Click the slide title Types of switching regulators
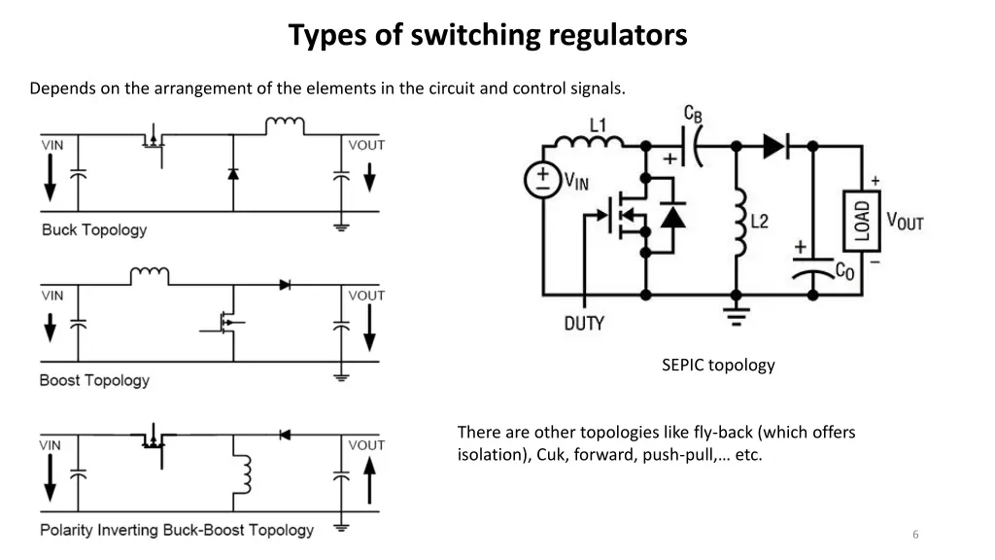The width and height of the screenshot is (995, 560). (488, 36)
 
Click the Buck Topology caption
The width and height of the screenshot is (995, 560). (94, 230)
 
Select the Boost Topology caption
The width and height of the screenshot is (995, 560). (94, 380)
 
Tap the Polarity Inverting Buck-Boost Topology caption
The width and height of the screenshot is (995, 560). (177, 530)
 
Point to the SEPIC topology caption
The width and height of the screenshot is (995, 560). (718, 366)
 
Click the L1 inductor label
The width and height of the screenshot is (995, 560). (598, 124)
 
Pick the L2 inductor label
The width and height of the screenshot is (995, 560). (759, 221)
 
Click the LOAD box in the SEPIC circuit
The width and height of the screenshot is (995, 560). (861, 221)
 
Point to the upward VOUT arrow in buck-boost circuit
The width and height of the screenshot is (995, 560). (369, 478)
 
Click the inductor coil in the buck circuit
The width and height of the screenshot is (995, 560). (285, 126)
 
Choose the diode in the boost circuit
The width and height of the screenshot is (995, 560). (285, 285)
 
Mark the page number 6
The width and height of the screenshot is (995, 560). (915, 535)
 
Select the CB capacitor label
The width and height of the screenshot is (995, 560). (693, 114)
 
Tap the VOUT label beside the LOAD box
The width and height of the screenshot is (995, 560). (904, 221)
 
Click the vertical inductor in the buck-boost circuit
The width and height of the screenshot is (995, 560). (244, 474)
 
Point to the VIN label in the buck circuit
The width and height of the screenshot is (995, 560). (52, 145)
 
